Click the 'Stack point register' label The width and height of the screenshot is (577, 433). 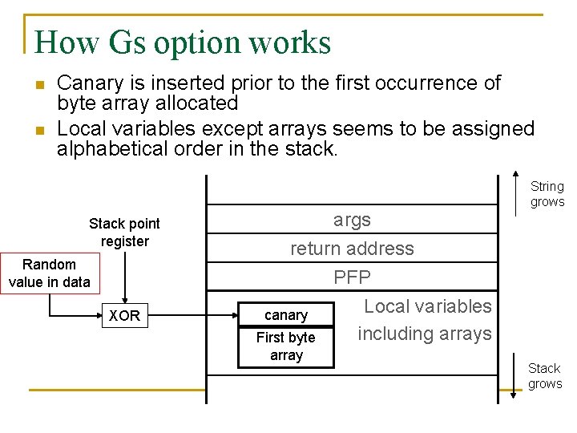point(124,232)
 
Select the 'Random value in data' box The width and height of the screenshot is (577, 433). point(50,273)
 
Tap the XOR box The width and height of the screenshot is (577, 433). point(124,316)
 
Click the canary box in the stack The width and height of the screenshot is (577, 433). point(286,315)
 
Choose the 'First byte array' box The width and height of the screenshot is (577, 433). point(286,346)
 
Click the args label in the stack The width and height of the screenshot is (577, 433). point(352,220)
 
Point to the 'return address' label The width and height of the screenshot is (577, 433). point(352,249)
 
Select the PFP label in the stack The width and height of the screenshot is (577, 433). point(352,277)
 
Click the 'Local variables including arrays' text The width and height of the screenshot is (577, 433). point(425,319)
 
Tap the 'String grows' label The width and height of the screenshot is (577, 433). point(547,194)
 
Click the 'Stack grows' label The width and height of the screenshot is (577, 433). point(545,375)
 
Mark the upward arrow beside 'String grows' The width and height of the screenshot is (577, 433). point(514,192)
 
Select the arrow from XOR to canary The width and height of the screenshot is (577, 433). point(192,316)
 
